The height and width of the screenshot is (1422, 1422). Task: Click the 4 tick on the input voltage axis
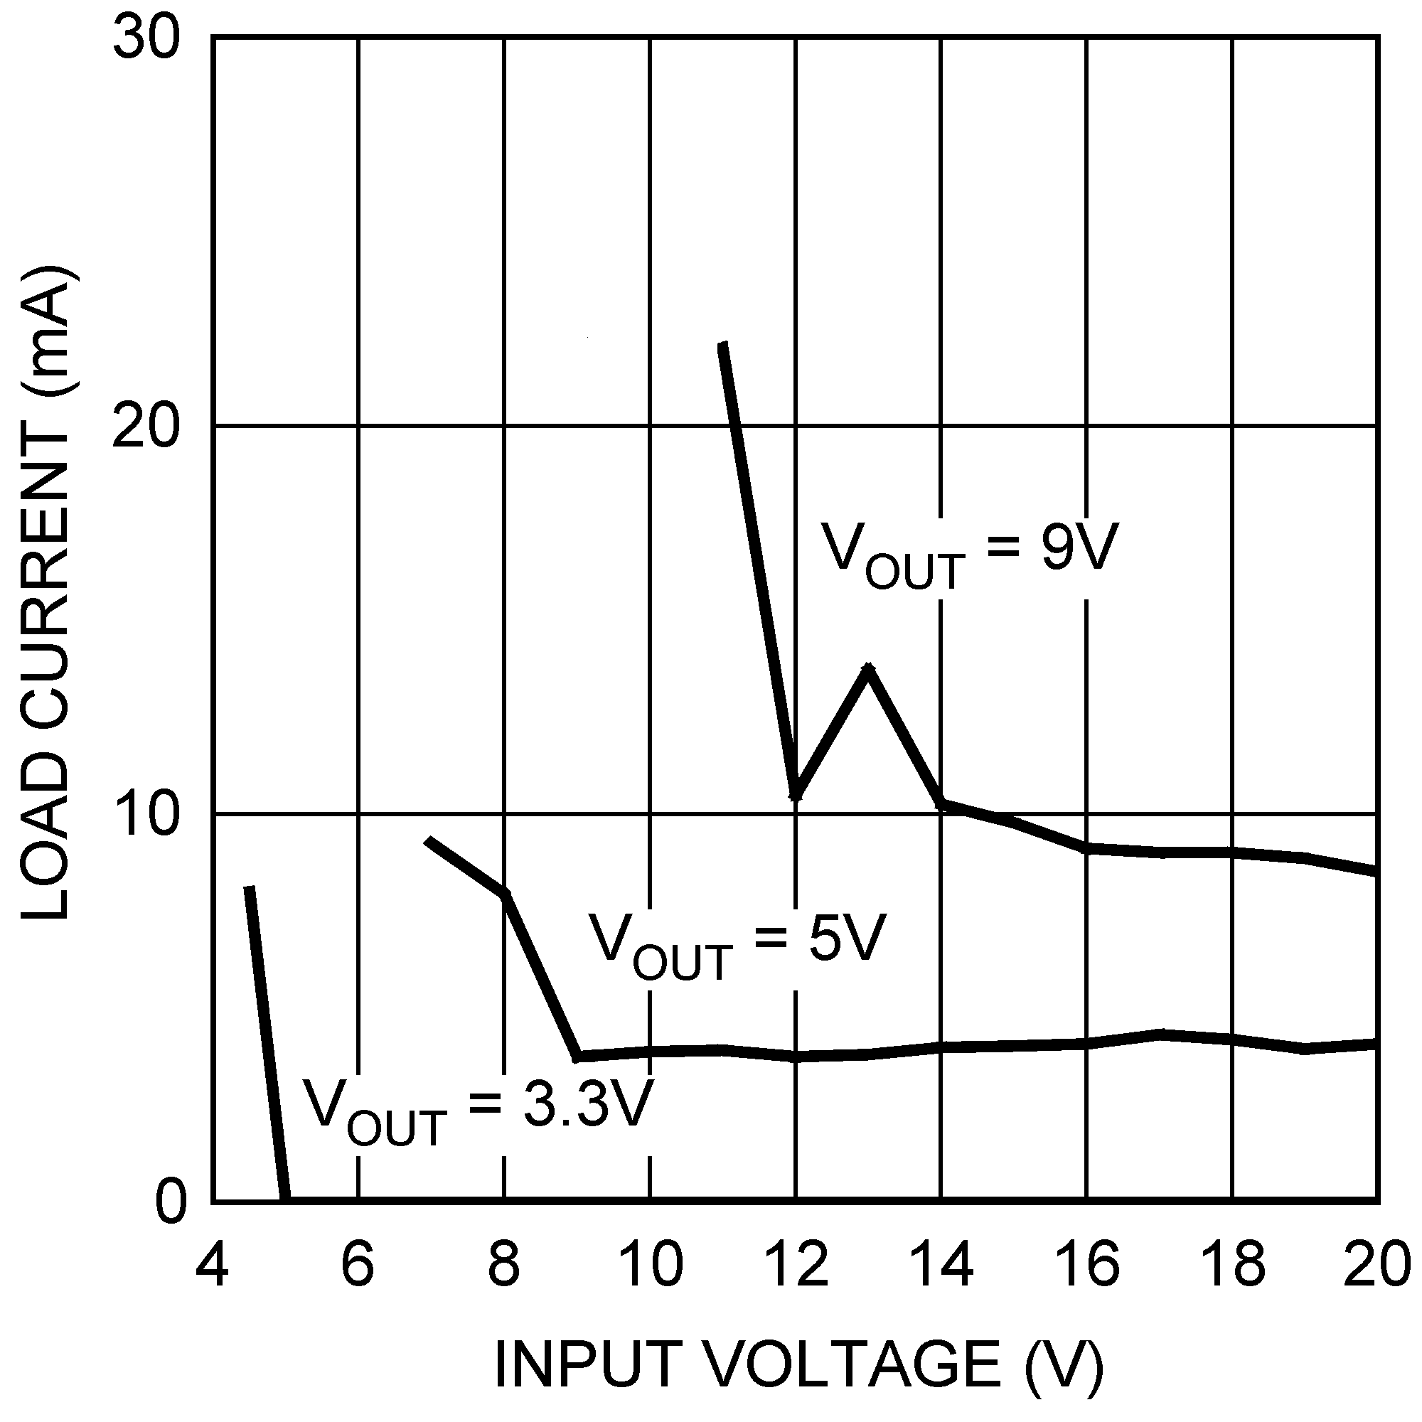[212, 1264]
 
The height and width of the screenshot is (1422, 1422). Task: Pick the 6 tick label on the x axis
[358, 1264]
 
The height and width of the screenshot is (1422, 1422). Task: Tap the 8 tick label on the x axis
[504, 1264]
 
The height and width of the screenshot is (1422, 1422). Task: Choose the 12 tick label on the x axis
[796, 1264]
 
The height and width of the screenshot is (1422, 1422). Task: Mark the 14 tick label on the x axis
[941, 1264]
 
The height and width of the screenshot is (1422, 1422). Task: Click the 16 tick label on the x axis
[1087, 1264]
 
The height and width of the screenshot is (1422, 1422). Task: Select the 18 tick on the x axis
[1233, 1264]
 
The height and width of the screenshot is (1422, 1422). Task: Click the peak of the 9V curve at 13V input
[869, 668]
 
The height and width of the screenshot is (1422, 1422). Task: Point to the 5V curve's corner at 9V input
[578, 1057]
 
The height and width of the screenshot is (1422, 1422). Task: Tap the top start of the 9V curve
[723, 344]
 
